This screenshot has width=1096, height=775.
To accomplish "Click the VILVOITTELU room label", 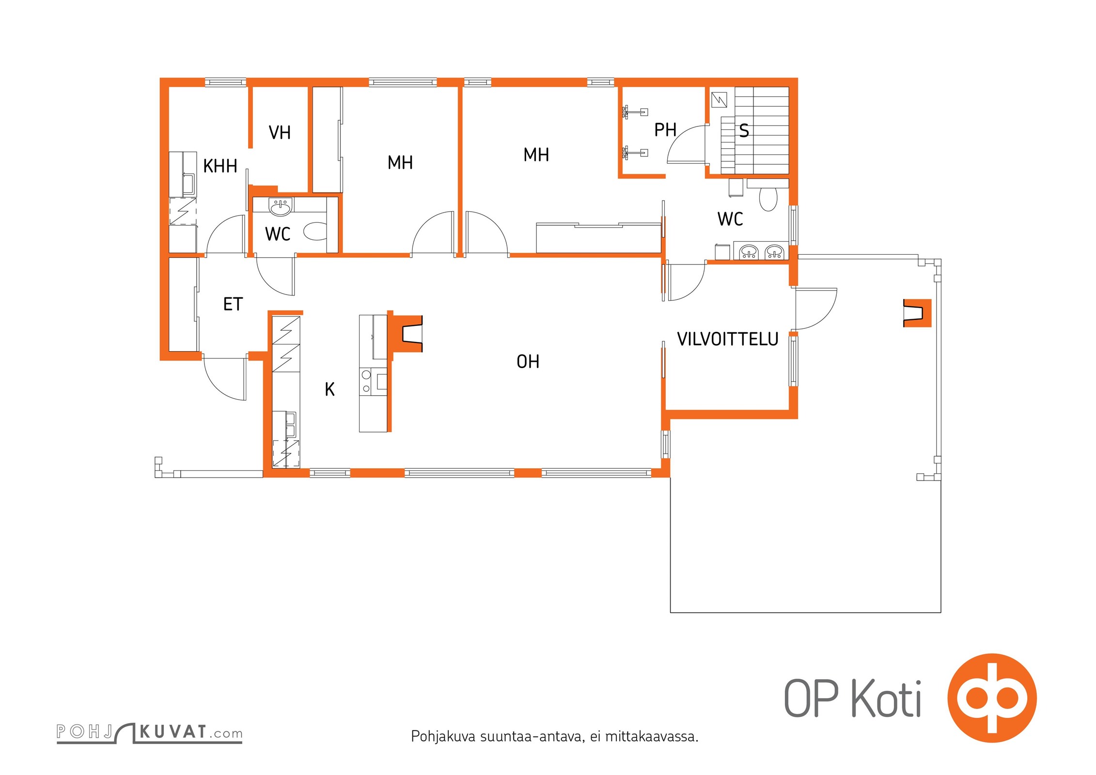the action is tap(727, 339).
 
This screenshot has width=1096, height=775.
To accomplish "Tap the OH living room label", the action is tap(528, 361).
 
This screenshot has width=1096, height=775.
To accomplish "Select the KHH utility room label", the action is tap(220, 166).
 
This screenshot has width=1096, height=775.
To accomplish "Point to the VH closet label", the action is tap(280, 133).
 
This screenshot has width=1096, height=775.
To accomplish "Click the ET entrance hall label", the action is tap(233, 304).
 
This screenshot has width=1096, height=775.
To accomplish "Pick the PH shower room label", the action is tap(665, 130).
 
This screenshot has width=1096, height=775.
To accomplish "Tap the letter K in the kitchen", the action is tap(329, 389).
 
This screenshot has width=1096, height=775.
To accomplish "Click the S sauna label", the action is tap(744, 131).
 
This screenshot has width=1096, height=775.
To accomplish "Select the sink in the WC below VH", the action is tap(281, 207).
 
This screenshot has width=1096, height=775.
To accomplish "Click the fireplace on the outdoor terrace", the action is tap(917, 313).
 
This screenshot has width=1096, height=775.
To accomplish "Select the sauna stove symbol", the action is tap(720, 100).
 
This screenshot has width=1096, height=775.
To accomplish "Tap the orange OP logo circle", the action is tap(992, 697).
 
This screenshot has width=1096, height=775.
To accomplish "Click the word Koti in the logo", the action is tap(886, 698).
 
